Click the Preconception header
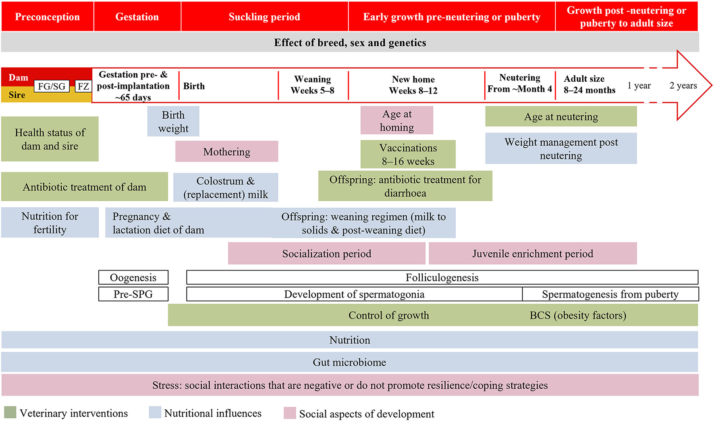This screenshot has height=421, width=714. pos(47,17)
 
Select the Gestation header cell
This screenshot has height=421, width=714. pos(137,17)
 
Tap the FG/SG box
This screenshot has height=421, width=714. pos(52,86)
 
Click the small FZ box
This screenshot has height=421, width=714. pos(83,86)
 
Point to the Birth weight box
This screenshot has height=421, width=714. pos(173,122)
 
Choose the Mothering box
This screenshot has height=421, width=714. pos(226,152)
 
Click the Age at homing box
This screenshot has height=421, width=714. pos(397,120)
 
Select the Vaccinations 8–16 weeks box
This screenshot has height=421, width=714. pos(408,154)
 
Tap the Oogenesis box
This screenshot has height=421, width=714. pos(133,277)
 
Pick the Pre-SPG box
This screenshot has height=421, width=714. pos(133,294)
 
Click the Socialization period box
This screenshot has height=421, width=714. pos(326,254)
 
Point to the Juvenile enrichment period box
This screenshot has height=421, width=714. pos(533,254)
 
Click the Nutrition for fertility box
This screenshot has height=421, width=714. pos(50,223)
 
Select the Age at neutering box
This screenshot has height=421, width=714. pos(561,116)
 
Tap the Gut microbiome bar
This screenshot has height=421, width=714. pos(349,362)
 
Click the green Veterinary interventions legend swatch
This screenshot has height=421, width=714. pos(10,413)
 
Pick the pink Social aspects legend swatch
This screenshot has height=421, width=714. pos(290,413)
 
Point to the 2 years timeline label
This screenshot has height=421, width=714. pos(683,85)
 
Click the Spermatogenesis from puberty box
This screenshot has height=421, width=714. pos(610,294)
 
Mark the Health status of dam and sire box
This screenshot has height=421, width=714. pos(50,139)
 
